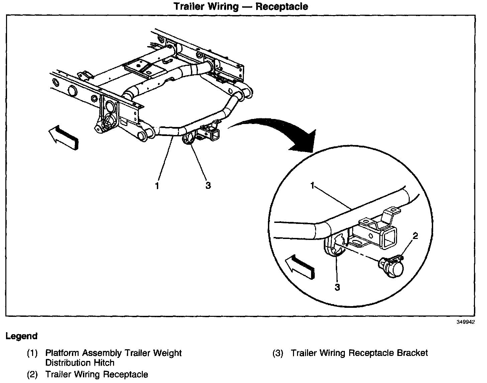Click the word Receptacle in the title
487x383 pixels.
tap(282, 6)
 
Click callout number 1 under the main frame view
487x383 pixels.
tap(157, 185)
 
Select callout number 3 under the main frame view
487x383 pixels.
tap(208, 185)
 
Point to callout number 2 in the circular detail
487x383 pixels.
tap(415, 236)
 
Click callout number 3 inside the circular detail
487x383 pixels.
tap(337, 287)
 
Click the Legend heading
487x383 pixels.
tap(21, 336)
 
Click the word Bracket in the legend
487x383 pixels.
tap(412, 353)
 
